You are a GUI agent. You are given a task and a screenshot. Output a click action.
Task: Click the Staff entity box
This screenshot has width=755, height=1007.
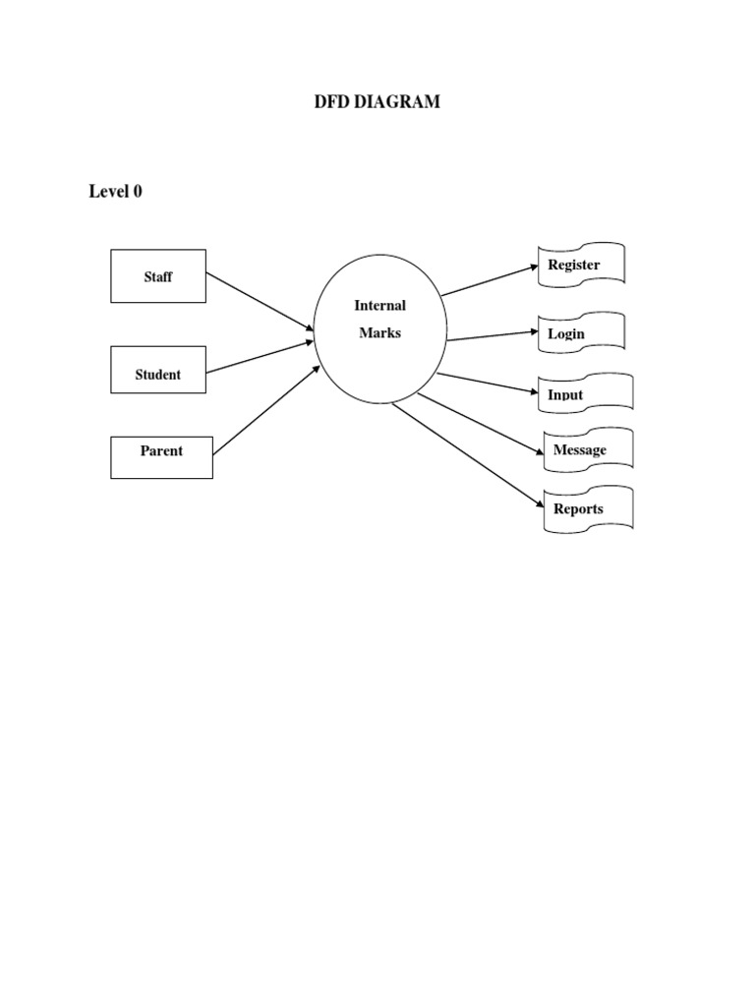tap(158, 276)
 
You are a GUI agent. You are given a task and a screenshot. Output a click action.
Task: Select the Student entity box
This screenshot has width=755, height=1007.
tap(158, 370)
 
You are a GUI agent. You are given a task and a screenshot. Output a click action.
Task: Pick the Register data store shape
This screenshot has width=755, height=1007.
tap(581, 266)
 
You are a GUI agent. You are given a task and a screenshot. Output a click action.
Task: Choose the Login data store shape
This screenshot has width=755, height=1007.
tap(581, 333)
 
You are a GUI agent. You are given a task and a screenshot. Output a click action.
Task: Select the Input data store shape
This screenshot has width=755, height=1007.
tap(585, 393)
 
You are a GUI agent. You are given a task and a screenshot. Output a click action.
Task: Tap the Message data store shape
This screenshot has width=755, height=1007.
tap(588, 450)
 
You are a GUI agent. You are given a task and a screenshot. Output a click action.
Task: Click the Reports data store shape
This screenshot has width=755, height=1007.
tap(588, 509)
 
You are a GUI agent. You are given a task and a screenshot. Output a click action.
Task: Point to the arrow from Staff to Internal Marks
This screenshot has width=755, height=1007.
tap(261, 302)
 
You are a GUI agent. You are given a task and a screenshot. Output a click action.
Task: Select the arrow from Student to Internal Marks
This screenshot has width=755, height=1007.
tap(261, 357)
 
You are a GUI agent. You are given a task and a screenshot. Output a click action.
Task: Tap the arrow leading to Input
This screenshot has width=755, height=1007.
tap(489, 384)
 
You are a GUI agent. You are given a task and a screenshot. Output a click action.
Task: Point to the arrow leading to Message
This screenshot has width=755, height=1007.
tap(481, 425)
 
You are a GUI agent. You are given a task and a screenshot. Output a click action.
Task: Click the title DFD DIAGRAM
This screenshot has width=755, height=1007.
tap(377, 101)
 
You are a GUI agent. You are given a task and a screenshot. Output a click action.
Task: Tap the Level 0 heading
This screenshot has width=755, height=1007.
tap(115, 192)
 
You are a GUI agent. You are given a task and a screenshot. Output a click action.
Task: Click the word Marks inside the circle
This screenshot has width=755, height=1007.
tap(379, 333)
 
